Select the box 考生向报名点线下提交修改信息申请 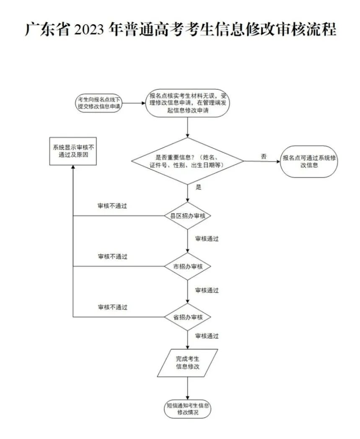98,103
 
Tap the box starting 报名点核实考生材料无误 188,103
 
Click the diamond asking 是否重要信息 187,161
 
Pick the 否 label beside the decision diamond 264,156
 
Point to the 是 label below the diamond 199,187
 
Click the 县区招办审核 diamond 187,216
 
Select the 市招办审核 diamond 187,266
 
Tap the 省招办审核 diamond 187,317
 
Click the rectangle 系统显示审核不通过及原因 73,151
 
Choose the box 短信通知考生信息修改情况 187,409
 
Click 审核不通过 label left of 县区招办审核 112,206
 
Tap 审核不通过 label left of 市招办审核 112,256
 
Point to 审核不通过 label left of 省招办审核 112,307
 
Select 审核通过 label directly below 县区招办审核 207,239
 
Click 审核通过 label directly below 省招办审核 207,336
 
